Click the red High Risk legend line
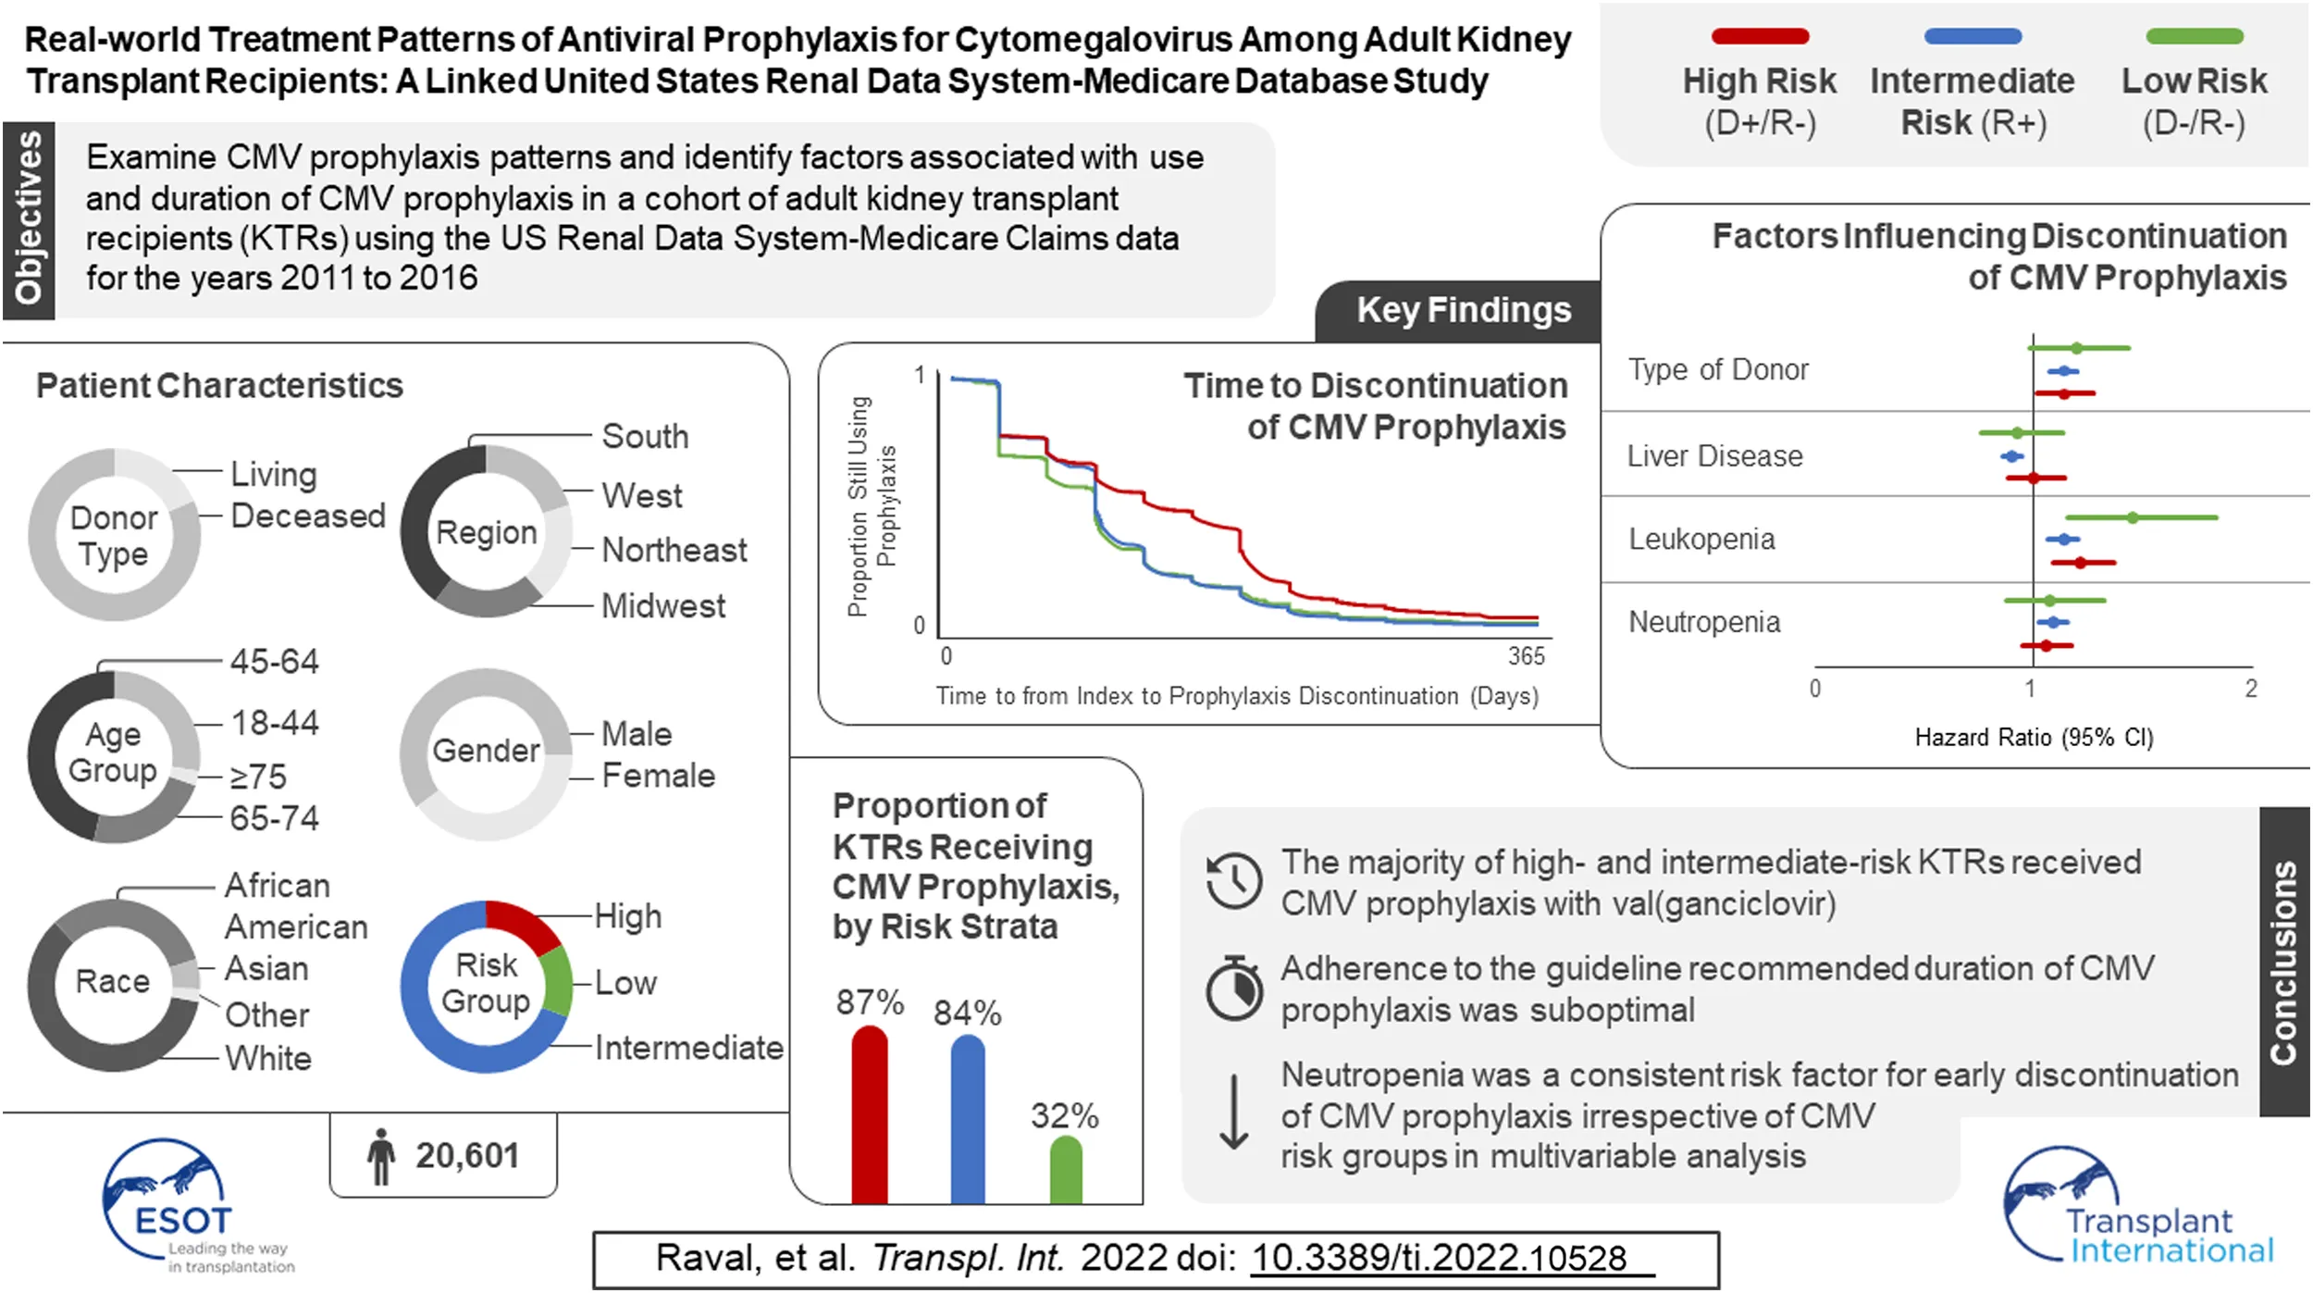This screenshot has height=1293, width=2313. pos(1760,37)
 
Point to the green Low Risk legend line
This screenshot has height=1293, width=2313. pos(2194,37)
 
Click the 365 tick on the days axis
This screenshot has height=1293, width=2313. pos(1526,656)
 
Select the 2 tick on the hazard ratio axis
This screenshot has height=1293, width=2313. pos(2251,689)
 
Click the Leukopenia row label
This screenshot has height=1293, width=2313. pos(1701,540)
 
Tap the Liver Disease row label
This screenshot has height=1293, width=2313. pos(1714,456)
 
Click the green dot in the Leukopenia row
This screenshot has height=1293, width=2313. pos(2133,517)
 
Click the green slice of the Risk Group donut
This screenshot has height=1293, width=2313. pos(557,981)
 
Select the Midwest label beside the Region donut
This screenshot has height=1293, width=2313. pos(663,606)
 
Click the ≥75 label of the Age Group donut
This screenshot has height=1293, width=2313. pos(258,777)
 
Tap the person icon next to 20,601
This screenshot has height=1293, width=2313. pos(380,1156)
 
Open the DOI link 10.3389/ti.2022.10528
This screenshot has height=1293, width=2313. pos(1439,1259)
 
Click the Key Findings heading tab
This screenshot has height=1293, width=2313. pos(1463,311)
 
